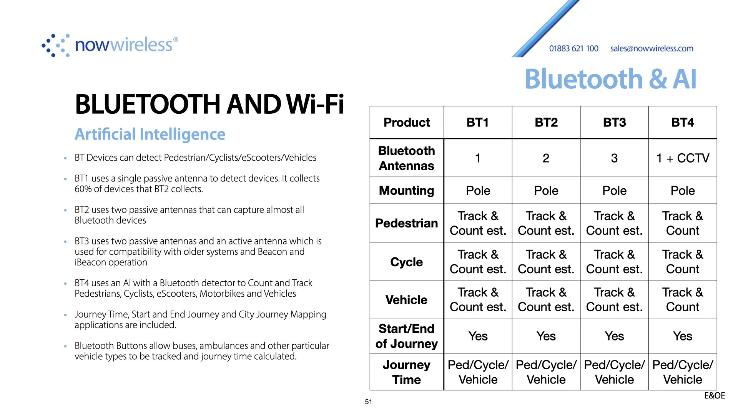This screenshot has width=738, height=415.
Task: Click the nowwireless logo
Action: pos(110,45)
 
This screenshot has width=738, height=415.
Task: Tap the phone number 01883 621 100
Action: pos(573,48)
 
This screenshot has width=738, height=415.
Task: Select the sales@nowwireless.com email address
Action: pos(652,48)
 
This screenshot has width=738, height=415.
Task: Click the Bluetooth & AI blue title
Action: pos(610,79)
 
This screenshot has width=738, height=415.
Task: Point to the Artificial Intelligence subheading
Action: pos(150,134)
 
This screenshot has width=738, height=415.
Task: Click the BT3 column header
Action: pos(614,123)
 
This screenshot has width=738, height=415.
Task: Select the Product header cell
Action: pos(407,123)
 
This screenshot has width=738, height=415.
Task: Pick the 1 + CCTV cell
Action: pos(683,158)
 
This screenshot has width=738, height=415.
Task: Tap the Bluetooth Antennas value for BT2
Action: pos(546,158)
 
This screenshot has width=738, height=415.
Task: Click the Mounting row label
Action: pos(407,191)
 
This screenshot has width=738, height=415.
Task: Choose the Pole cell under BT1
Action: pos(478,191)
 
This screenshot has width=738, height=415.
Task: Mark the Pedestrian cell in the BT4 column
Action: pos(683,223)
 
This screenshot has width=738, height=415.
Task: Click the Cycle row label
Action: pos(407,262)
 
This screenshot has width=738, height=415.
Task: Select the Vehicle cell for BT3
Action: pos(614,300)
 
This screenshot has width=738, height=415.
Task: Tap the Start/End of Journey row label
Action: pos(407,336)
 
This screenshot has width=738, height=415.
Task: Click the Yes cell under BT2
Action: pos(546,336)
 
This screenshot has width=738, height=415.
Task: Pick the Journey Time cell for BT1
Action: pos(478,372)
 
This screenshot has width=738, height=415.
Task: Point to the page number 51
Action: pos(369,402)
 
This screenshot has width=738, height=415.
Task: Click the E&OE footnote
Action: pos(715,396)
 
